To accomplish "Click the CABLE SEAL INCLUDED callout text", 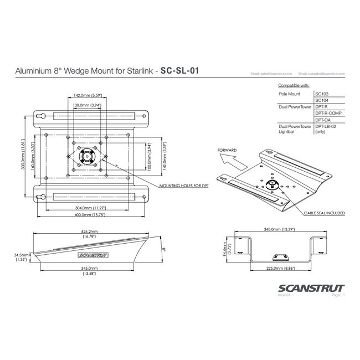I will (x=324, y=213).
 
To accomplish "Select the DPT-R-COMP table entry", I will (x=327, y=113).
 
